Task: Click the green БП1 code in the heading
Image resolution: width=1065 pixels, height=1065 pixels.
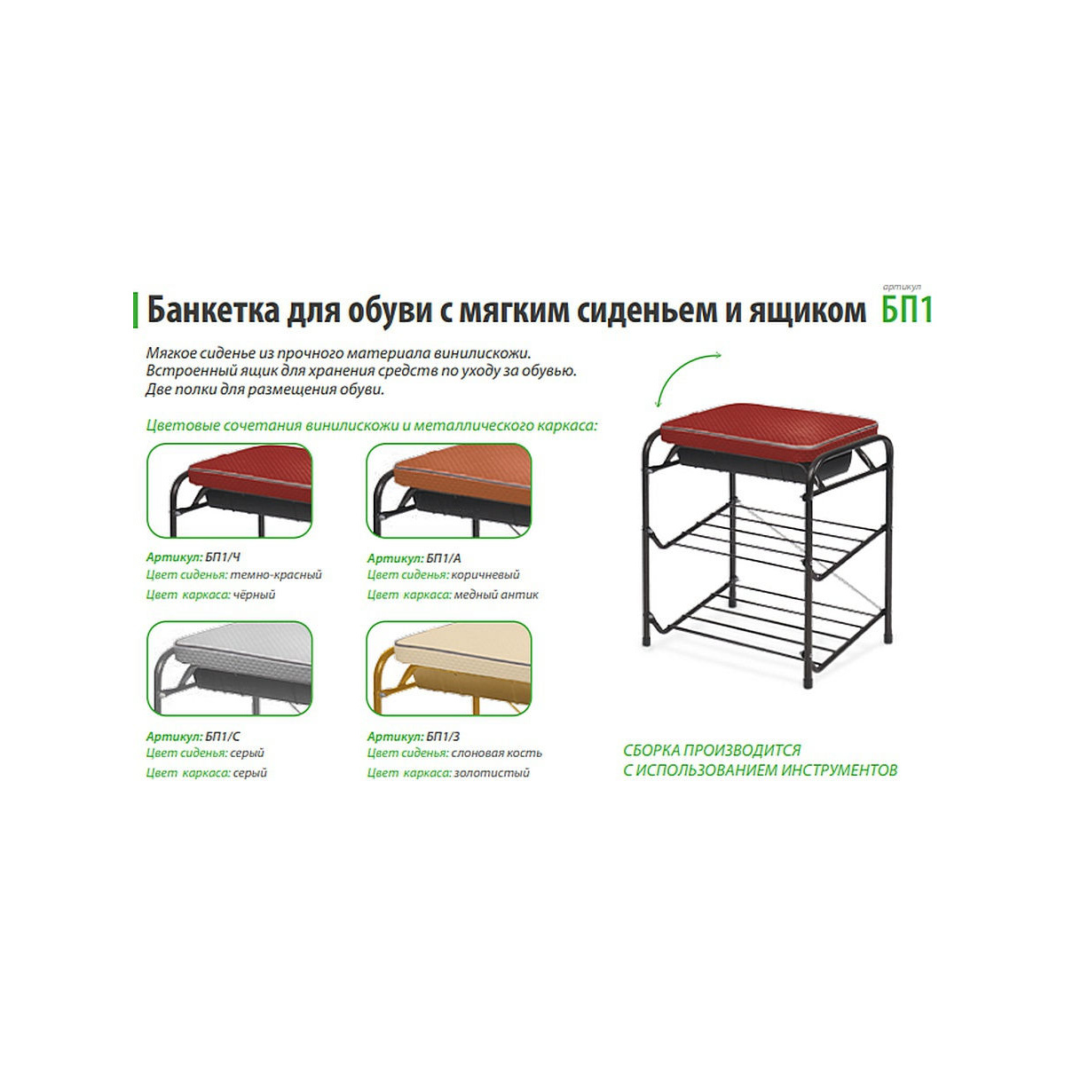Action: pyautogui.click(x=907, y=310)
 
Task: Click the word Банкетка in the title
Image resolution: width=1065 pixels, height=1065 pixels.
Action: pyautogui.click(x=213, y=311)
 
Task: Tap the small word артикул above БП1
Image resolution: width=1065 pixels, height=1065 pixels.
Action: pyautogui.click(x=902, y=288)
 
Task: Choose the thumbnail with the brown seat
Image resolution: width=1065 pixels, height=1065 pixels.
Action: pyautogui.click(x=449, y=490)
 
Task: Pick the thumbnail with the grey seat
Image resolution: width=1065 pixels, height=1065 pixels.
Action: pyautogui.click(x=229, y=668)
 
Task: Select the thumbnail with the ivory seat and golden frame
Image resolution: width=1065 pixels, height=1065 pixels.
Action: pyautogui.click(x=449, y=668)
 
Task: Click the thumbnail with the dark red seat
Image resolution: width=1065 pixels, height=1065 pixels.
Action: pyautogui.click(x=229, y=490)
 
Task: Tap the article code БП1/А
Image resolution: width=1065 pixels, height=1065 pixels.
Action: pyautogui.click(x=443, y=558)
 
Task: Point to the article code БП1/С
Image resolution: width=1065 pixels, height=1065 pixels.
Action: pyautogui.click(x=223, y=736)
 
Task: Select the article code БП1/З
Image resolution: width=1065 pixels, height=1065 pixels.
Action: pyautogui.click(x=443, y=736)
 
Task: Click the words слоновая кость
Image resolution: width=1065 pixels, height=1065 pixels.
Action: pyautogui.click(x=496, y=753)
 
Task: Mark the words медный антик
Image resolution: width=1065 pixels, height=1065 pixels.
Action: pyautogui.click(x=496, y=595)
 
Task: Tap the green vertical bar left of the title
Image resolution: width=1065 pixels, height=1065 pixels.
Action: pyautogui.click(x=136, y=311)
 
